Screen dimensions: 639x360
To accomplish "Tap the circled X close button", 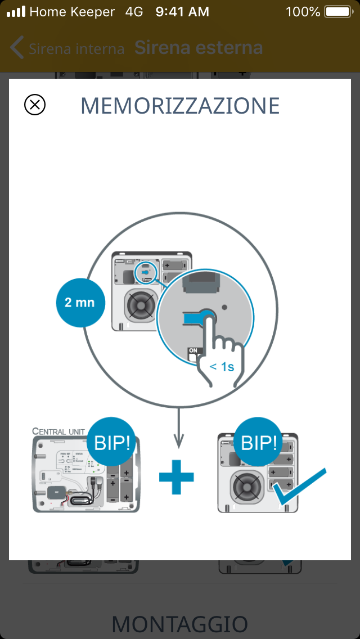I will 35,105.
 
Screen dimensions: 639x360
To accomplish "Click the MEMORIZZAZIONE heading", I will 180,106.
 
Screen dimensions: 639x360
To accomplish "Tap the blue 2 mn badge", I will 80,303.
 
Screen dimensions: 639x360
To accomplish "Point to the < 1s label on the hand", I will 222,367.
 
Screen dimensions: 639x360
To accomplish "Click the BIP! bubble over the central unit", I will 111,443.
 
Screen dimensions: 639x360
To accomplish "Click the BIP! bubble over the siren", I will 259,443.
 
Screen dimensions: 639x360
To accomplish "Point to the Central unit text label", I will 58,431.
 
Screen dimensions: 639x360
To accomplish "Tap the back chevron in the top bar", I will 16,48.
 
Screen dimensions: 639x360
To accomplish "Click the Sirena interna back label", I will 76,49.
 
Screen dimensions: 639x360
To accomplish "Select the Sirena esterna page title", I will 199,48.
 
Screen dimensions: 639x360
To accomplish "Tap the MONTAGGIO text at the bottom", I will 180,624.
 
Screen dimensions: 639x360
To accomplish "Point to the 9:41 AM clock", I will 182,12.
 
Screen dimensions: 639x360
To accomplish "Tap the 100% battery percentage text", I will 303,12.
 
